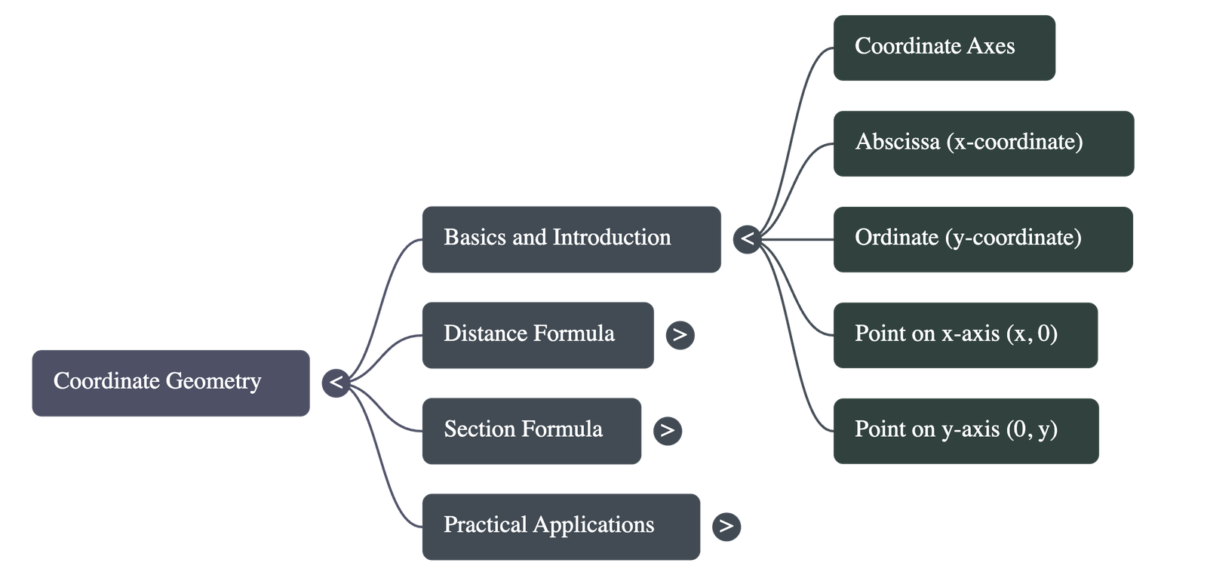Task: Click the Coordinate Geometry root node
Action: tap(170, 383)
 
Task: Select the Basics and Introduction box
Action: tap(571, 238)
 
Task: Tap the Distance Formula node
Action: tap(537, 335)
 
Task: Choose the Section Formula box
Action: tap(531, 431)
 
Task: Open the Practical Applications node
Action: tap(561, 527)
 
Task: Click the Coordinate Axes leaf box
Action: tap(944, 48)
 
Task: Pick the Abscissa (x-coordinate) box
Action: tap(983, 143)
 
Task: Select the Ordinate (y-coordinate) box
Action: tap(982, 239)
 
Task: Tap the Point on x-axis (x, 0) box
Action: tap(965, 335)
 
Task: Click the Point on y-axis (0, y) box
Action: tap(965, 431)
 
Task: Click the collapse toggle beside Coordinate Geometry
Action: tap(336, 383)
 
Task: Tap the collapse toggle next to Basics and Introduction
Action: tap(747, 239)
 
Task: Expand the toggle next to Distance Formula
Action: tap(680, 334)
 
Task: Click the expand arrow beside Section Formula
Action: tap(667, 430)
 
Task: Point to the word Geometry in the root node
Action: tap(213, 381)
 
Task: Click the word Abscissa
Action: tap(897, 142)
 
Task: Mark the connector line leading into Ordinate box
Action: tap(800, 239)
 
